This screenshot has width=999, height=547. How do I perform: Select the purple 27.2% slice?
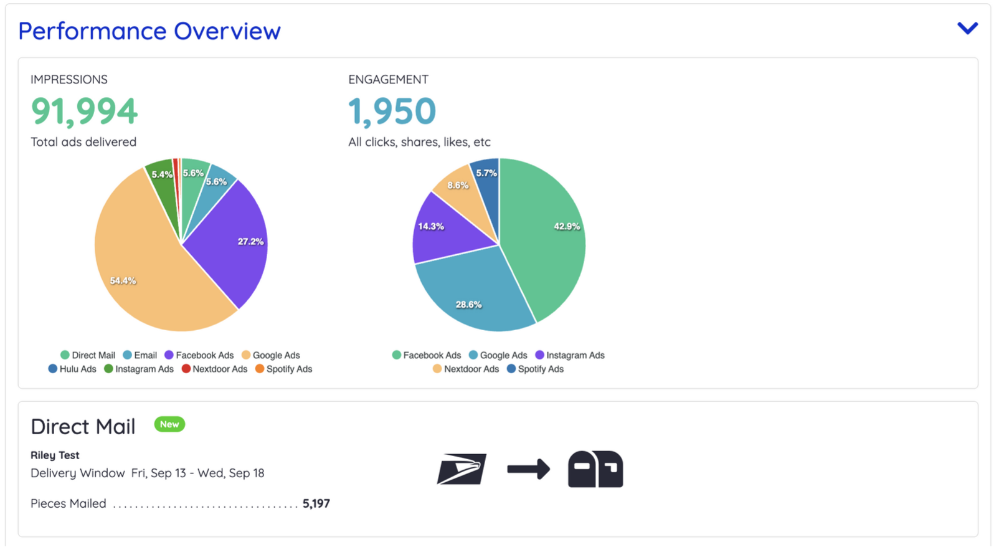tap(230, 243)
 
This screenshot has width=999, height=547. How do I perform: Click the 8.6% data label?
tap(458, 185)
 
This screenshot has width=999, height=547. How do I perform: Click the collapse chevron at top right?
tap(967, 28)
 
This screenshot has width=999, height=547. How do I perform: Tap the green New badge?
tap(169, 424)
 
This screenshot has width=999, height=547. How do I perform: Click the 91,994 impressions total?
tap(84, 111)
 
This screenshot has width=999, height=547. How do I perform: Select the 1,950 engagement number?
tap(392, 111)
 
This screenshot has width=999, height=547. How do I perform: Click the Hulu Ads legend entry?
tap(72, 369)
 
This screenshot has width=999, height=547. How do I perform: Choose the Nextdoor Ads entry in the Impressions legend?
tap(214, 369)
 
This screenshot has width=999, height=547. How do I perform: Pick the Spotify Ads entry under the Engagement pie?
tap(535, 369)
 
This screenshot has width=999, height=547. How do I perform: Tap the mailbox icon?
tap(595, 469)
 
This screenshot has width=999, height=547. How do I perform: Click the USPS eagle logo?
tap(462, 469)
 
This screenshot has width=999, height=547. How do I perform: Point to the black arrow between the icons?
tap(528, 469)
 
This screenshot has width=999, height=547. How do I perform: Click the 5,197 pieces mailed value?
tap(316, 503)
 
